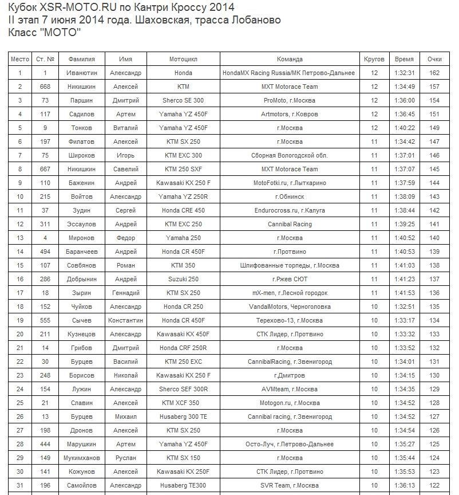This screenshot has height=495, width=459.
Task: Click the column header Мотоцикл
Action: (x=183, y=60)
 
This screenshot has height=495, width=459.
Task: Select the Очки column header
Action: (x=434, y=60)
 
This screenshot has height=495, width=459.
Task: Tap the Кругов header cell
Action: (x=374, y=60)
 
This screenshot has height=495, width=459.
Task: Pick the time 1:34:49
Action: (x=404, y=87)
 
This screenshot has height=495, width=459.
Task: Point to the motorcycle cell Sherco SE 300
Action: (x=183, y=100)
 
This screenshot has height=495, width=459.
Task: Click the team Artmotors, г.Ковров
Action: (x=290, y=114)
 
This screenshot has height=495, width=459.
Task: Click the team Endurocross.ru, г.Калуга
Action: (x=290, y=210)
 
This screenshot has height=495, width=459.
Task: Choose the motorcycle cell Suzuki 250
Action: (x=183, y=279)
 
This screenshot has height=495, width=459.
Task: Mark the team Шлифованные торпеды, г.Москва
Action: (x=290, y=265)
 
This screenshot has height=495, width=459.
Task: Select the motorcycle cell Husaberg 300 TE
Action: (x=183, y=417)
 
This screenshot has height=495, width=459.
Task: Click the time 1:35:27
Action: (x=404, y=444)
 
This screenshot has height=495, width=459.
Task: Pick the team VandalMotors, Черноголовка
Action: (x=290, y=307)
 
